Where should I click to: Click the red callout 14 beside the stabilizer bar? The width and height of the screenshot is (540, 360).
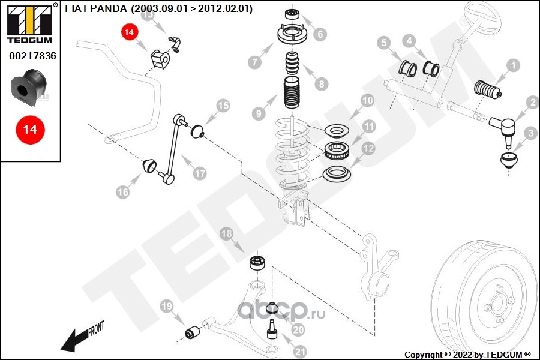(129, 32)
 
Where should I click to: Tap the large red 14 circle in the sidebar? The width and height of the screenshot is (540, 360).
(29, 129)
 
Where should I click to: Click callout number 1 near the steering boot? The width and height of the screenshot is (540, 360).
(513, 65)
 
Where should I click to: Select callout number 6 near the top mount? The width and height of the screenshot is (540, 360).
(320, 34)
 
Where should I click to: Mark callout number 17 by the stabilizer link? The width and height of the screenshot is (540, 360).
(199, 173)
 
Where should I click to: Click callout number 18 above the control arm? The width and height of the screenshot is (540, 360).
(227, 234)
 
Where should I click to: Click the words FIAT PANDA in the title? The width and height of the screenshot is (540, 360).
(95, 9)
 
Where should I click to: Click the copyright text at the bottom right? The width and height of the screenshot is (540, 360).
(468, 355)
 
